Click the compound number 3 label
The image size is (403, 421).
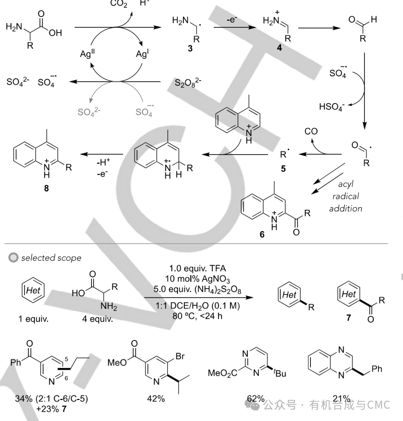pos(190,48)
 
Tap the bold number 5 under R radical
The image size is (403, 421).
pos(283,169)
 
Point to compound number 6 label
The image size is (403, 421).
pos(262,235)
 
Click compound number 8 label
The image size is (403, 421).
pos(46,188)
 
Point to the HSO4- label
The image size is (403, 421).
pos(332,107)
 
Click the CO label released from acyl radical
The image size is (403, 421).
pos(311,131)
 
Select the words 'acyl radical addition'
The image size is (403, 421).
pos(346,196)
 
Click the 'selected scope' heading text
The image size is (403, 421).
pos(51,258)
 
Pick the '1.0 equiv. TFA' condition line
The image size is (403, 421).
pos(198,268)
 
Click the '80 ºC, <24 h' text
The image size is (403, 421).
pos(198,316)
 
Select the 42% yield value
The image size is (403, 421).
pos(156,398)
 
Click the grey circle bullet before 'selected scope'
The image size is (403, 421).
pos(13,258)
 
